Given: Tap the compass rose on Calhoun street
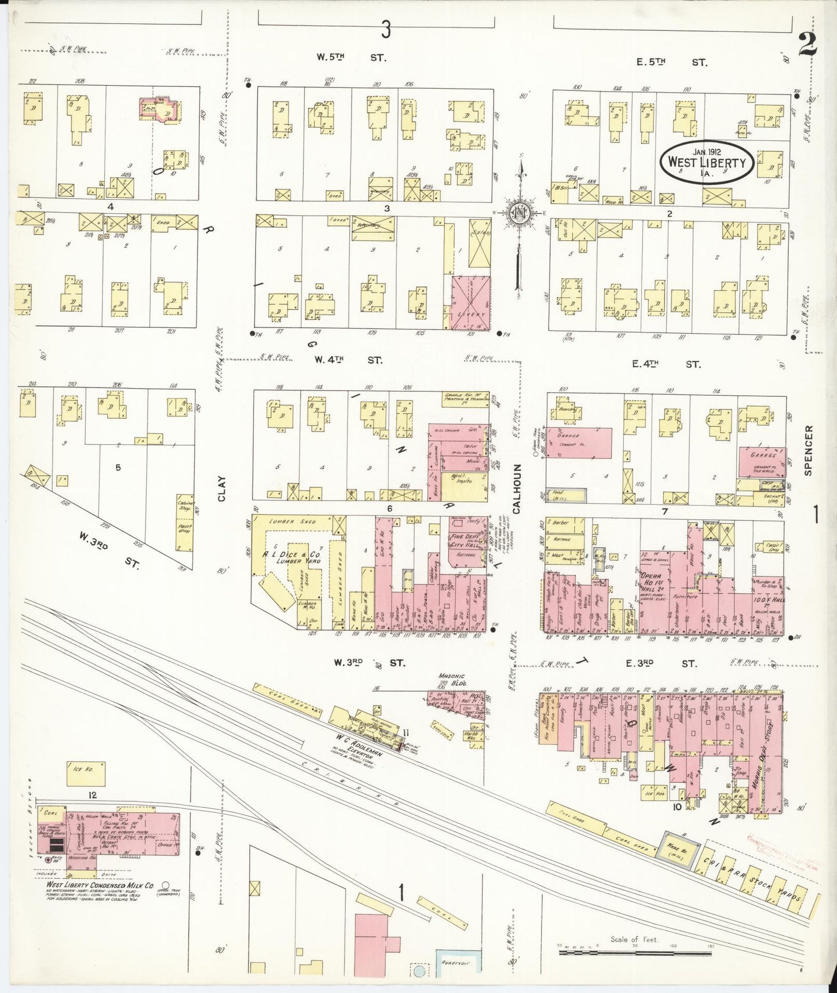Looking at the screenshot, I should (x=517, y=213).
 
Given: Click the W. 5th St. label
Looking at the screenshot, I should (x=350, y=57).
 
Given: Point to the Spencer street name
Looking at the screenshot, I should (x=809, y=450).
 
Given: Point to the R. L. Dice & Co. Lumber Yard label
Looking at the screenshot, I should (x=290, y=556).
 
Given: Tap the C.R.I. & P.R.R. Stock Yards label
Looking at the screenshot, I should (x=756, y=876).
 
